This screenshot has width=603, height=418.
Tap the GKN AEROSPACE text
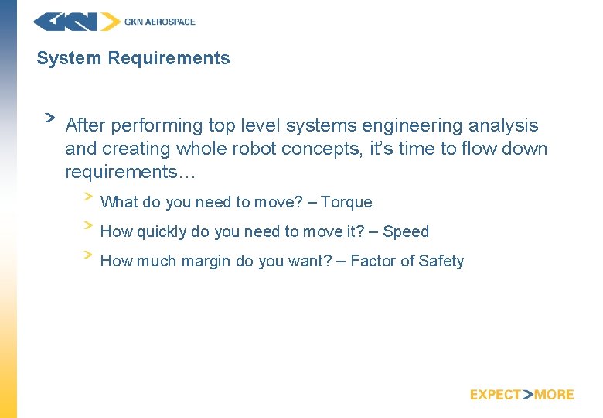pos(160,22)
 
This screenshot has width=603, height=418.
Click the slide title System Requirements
pos(133,58)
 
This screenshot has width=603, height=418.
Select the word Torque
pos(346,202)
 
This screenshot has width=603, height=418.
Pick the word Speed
pos(406,231)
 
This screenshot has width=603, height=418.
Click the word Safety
pos(441,261)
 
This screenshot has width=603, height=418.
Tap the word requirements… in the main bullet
pos(131,171)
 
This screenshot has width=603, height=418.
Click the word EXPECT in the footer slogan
pos(496,395)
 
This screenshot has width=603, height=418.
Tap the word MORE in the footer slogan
pos(554,395)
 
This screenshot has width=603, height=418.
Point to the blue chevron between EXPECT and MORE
pos(528,395)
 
